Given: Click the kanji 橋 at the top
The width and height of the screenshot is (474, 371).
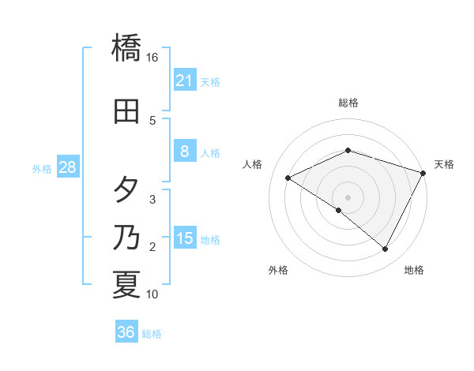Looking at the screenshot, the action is pyautogui.click(x=127, y=47).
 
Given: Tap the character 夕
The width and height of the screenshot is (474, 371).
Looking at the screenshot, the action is pyautogui.click(x=126, y=191).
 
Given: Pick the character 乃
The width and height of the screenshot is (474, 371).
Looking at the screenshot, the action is pyautogui.click(x=126, y=238).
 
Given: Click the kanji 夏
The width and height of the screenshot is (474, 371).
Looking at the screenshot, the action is pyautogui.click(x=126, y=285).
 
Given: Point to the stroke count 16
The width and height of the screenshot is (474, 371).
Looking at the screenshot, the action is pyautogui.click(x=152, y=58).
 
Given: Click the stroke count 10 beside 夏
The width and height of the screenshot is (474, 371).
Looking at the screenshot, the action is pyautogui.click(x=152, y=294).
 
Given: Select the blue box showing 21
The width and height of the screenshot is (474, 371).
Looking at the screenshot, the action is pyautogui.click(x=184, y=81).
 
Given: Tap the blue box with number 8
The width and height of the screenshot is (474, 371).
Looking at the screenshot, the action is pyautogui.click(x=184, y=152).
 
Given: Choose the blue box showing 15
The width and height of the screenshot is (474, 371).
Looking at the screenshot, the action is pyautogui.click(x=184, y=239).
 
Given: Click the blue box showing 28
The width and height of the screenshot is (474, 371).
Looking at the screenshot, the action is pyautogui.click(x=67, y=167).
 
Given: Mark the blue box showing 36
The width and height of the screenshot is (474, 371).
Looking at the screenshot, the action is pyautogui.click(x=126, y=333).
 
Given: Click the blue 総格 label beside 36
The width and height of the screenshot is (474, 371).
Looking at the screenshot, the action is pyautogui.click(x=152, y=334).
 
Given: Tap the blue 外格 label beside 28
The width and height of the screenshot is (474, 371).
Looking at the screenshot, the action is pyautogui.click(x=42, y=168).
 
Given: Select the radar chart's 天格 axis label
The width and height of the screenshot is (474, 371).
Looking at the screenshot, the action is pyautogui.click(x=444, y=164).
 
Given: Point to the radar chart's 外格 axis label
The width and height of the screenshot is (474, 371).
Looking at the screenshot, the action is pyautogui.click(x=278, y=271).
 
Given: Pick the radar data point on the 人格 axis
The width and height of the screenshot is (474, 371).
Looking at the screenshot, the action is pyautogui.click(x=288, y=178).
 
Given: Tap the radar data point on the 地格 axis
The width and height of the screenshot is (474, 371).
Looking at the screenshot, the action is pyautogui.click(x=386, y=249).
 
